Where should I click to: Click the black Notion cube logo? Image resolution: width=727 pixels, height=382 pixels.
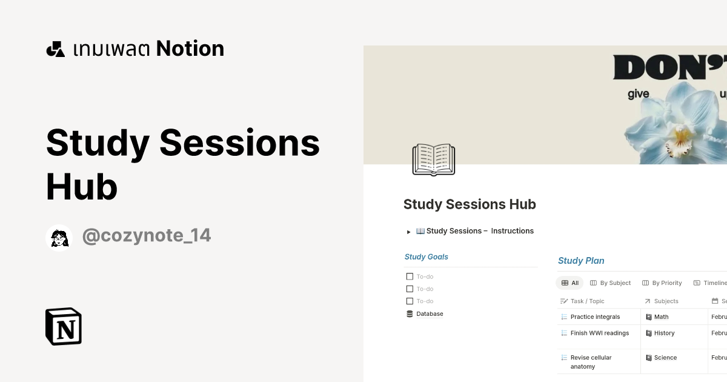64,326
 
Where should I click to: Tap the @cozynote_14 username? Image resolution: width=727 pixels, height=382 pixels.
146,235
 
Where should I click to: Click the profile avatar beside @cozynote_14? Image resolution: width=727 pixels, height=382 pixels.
59,238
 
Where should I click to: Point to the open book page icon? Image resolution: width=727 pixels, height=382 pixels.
433,159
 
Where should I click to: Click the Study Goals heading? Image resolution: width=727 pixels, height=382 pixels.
427,257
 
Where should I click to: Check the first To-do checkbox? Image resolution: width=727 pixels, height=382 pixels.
410,276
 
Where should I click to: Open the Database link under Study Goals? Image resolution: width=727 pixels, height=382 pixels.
429,314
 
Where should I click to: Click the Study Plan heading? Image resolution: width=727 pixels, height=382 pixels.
581,261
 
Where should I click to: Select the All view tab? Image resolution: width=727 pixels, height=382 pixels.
570,283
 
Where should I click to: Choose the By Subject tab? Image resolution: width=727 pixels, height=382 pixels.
611,283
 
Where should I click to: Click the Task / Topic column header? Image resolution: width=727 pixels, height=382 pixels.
587,301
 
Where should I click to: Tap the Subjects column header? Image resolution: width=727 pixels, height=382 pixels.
666,301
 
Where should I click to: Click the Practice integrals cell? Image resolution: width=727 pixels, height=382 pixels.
595,317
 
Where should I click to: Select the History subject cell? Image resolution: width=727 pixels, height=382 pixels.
664,333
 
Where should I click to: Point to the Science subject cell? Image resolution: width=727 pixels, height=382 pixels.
665,358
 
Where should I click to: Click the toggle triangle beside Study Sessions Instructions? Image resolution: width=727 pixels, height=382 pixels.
409,232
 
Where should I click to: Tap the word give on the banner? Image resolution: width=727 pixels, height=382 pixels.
638,94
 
